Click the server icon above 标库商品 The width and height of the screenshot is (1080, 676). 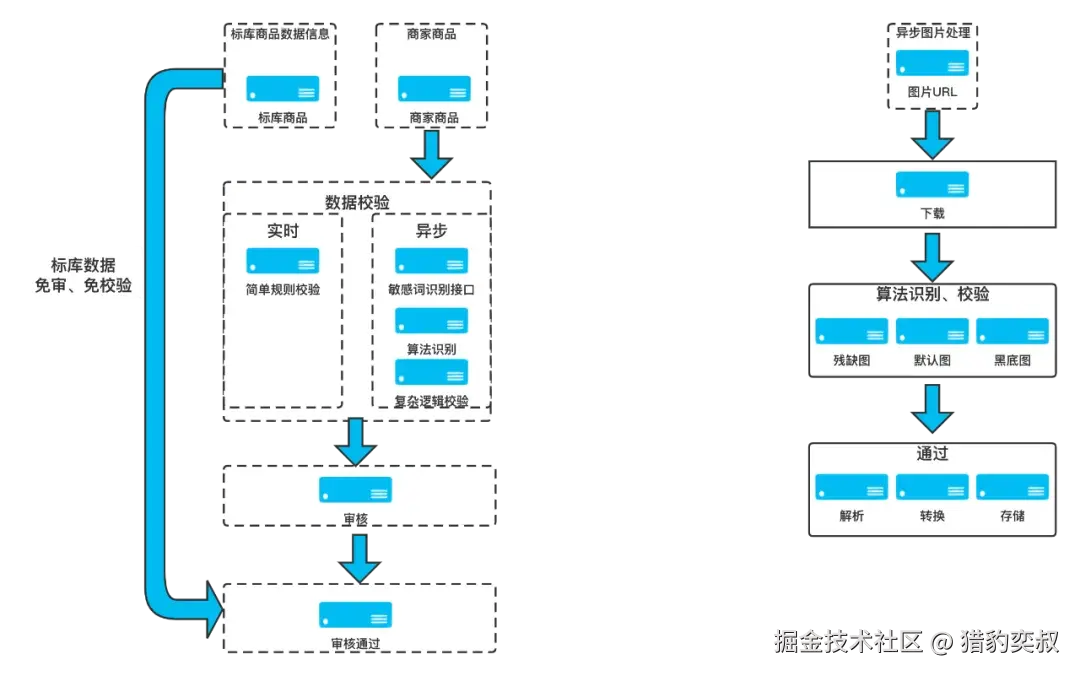[x=282, y=89]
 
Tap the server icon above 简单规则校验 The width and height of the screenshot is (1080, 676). [x=282, y=260]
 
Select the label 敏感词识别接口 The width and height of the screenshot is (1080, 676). [x=431, y=289]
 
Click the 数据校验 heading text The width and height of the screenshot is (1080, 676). [x=357, y=202]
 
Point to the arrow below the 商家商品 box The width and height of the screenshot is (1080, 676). [x=431, y=154]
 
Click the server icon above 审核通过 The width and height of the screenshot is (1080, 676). [x=355, y=615]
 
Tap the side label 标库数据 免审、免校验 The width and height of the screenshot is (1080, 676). [x=83, y=275]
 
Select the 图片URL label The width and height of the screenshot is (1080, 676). [x=932, y=92]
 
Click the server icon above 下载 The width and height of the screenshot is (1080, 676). [x=932, y=185]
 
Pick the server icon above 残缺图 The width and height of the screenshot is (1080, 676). [x=851, y=331]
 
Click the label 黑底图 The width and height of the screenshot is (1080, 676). [x=1012, y=360]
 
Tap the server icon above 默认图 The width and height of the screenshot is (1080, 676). [x=932, y=331]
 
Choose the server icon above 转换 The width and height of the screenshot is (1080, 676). [x=932, y=486]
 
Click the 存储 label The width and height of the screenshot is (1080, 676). [x=1012, y=515]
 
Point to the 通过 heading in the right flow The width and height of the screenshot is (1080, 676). [x=932, y=453]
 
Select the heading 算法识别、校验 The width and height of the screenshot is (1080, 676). [x=932, y=294]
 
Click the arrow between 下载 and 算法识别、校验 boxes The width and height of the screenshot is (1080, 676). [x=932, y=257]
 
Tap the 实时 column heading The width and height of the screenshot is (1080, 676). [x=283, y=231]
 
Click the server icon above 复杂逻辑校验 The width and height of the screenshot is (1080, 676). [x=431, y=372]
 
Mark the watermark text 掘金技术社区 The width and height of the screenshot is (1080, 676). [x=848, y=642]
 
